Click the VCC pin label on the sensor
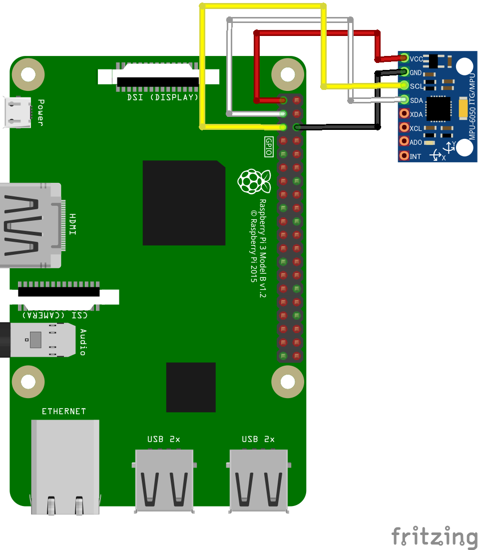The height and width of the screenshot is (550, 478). tap(416, 59)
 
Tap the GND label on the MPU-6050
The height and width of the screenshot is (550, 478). tap(416, 73)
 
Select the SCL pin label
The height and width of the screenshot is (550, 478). tap(416, 86)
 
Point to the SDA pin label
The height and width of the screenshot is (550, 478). tap(417, 100)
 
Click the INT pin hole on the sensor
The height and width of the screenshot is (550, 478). tap(404, 156)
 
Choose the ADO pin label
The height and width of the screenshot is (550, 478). tap(416, 142)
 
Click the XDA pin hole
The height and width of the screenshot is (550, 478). tap(404, 114)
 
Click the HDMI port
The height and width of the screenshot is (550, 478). tap(30, 225)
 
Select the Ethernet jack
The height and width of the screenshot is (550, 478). tap(65, 465)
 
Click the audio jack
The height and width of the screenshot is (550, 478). tap(40, 340)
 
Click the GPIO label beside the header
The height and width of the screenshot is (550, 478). tap(269, 147)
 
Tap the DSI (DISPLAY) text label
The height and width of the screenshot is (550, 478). tap(163, 97)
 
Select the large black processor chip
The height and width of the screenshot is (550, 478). tap(183, 203)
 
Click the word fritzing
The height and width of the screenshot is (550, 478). tap(434, 537)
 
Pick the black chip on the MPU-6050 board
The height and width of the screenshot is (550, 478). tap(438, 108)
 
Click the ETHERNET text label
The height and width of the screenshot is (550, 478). tap(64, 411)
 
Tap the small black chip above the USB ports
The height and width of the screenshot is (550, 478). tap(191, 387)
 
